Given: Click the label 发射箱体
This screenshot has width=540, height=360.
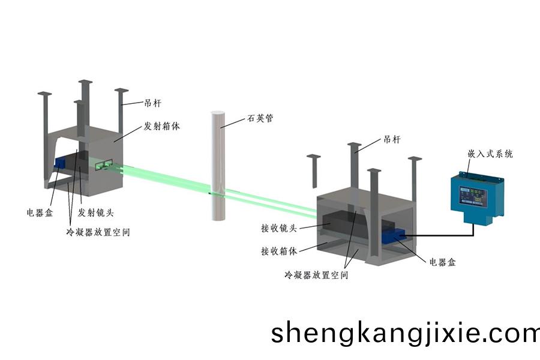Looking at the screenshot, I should click(x=161, y=127).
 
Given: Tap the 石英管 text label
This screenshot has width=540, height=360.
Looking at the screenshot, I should click(x=260, y=119).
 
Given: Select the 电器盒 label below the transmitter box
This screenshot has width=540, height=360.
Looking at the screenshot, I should click(x=40, y=212).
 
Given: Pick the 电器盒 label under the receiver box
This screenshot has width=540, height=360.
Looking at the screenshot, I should click(x=443, y=262).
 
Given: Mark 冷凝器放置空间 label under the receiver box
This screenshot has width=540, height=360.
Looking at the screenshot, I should click(x=316, y=275).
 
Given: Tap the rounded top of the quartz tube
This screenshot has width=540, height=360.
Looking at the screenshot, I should click(x=217, y=114).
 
